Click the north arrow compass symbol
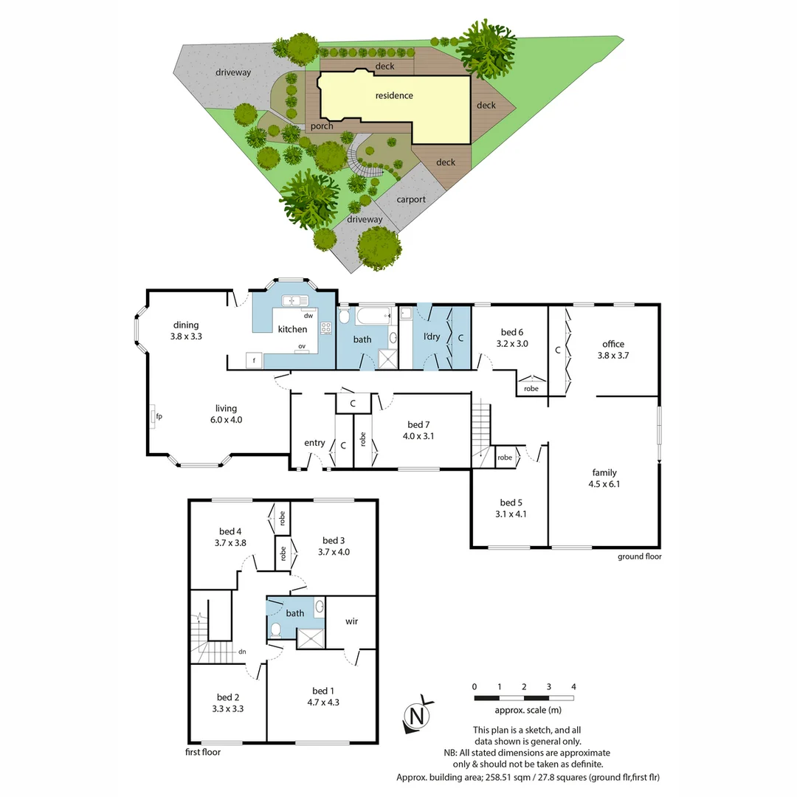(x=418, y=715)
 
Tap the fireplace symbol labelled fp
(x=153, y=416)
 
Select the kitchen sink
(x=294, y=300)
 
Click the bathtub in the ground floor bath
(x=373, y=316)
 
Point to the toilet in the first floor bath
(x=275, y=629)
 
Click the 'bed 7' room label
(x=418, y=424)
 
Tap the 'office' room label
(x=613, y=344)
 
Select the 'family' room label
(x=604, y=473)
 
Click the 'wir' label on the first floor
(x=352, y=621)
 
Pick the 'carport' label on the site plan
(x=411, y=200)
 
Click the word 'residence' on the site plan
(x=394, y=95)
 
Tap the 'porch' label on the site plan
(x=322, y=126)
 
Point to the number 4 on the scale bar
(x=573, y=687)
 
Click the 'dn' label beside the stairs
(x=243, y=652)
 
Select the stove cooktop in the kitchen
(x=326, y=328)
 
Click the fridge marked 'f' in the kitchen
(x=254, y=360)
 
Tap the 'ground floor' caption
(x=639, y=556)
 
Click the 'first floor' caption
(x=203, y=752)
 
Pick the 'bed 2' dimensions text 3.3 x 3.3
(x=228, y=708)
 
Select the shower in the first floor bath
(x=310, y=638)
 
